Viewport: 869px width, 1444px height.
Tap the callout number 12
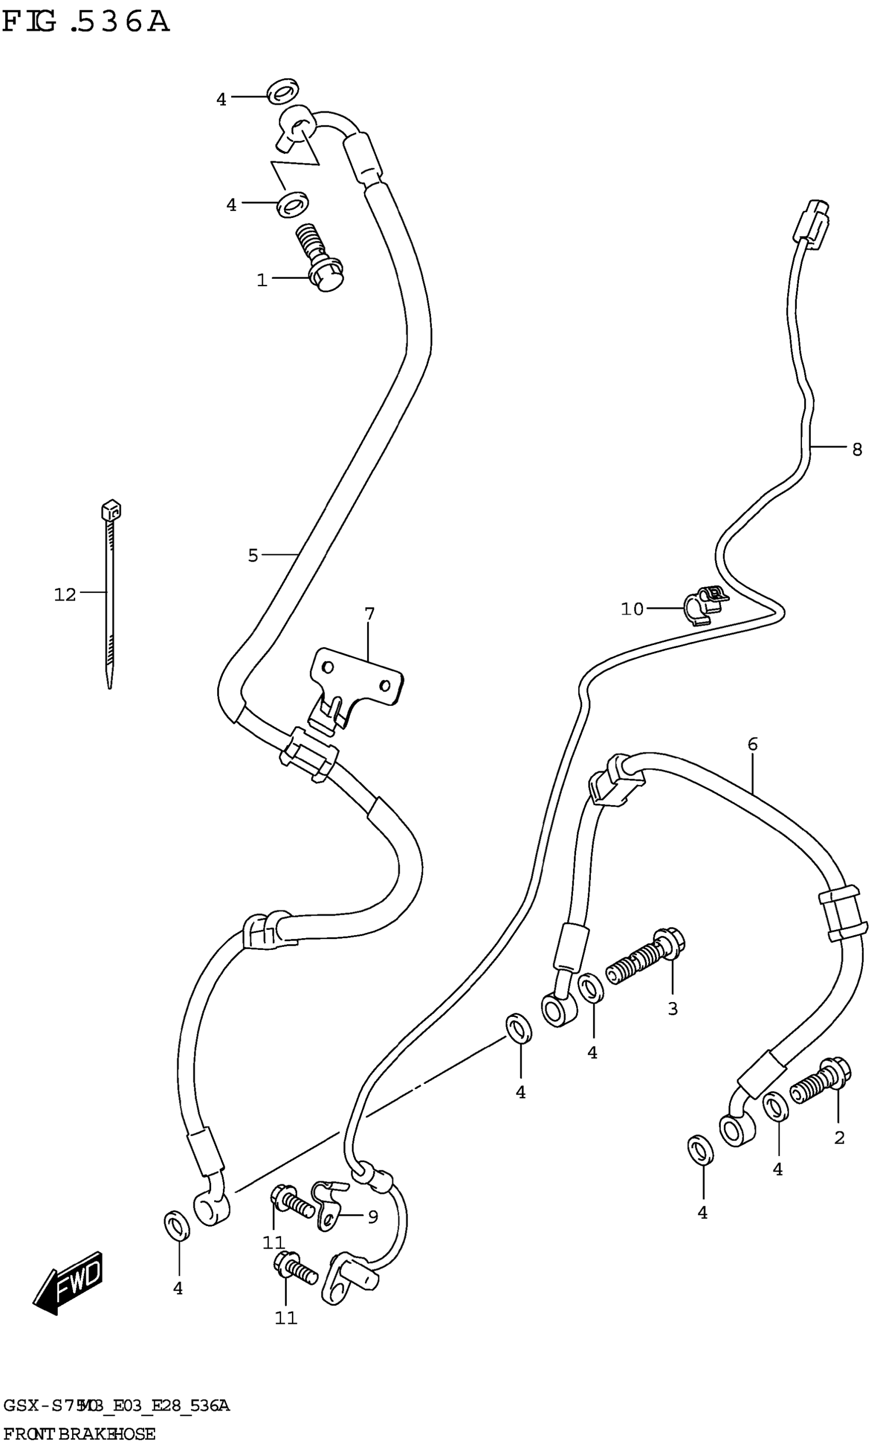pyautogui.click(x=65, y=595)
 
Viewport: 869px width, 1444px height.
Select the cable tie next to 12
pyautogui.click(x=109, y=592)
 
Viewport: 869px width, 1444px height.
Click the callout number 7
pyautogui.click(x=369, y=614)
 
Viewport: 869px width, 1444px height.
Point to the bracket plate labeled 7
pyautogui.click(x=356, y=682)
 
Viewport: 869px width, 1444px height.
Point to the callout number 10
pyautogui.click(x=632, y=609)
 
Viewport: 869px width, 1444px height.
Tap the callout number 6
pyautogui.click(x=752, y=745)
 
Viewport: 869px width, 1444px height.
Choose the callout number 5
pyautogui.click(x=253, y=556)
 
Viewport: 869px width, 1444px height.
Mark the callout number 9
pyautogui.click(x=373, y=1217)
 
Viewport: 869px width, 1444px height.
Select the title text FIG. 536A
pyautogui.click(x=86, y=23)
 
